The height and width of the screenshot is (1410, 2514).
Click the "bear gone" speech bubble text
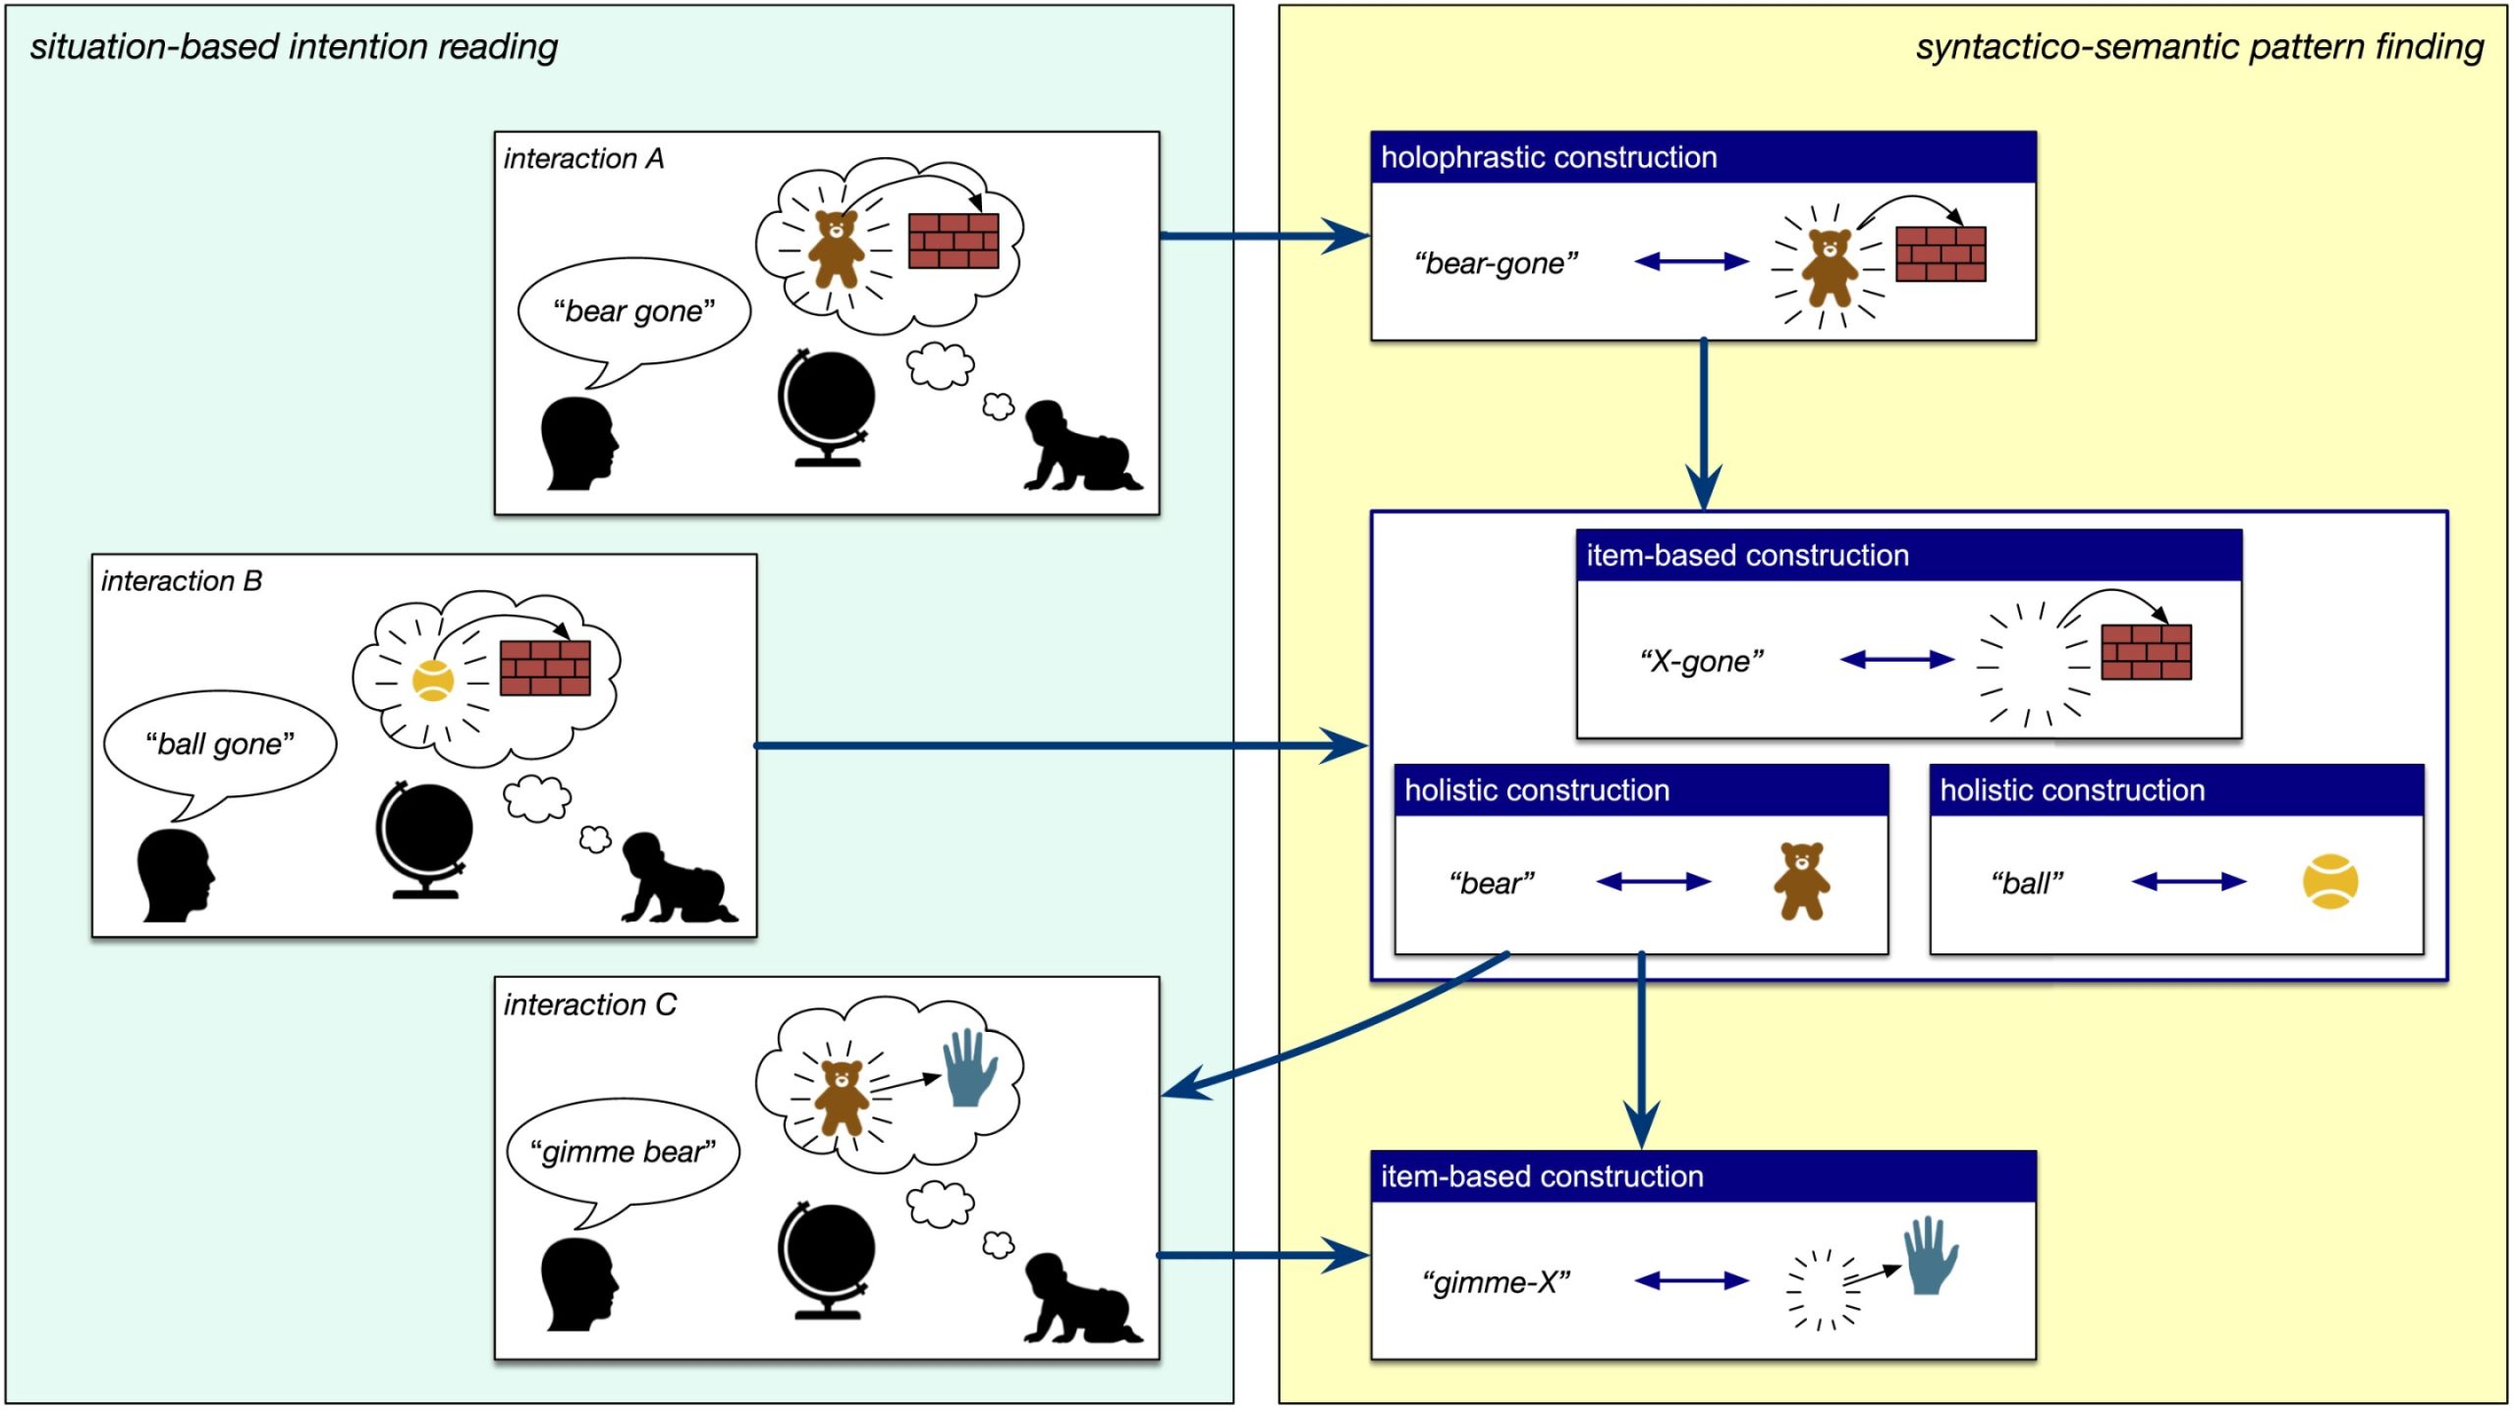[633, 311]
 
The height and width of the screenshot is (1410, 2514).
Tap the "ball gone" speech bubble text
[220, 744]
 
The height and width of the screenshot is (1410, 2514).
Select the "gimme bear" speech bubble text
[623, 1151]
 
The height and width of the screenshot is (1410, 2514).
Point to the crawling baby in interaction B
[676, 880]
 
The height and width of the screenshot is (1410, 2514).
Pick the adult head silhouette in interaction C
[578, 1284]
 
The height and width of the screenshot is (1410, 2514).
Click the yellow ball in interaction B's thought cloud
[432, 680]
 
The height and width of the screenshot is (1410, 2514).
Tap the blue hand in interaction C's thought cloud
[969, 1068]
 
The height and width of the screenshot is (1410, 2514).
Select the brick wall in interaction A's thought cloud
[953, 241]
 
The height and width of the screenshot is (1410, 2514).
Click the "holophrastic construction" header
[1549, 157]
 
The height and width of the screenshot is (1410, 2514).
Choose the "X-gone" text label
[1702, 661]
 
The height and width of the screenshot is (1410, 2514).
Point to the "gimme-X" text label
[1497, 1282]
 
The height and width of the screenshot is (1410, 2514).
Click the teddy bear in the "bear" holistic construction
[1801, 881]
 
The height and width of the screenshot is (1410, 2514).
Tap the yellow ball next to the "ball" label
[2329, 882]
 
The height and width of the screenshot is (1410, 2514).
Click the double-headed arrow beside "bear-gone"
[1691, 261]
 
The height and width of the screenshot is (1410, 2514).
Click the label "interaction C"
[589, 1004]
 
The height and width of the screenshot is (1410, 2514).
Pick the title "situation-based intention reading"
[294, 46]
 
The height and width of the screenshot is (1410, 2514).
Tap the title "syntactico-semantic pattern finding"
[2199, 46]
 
